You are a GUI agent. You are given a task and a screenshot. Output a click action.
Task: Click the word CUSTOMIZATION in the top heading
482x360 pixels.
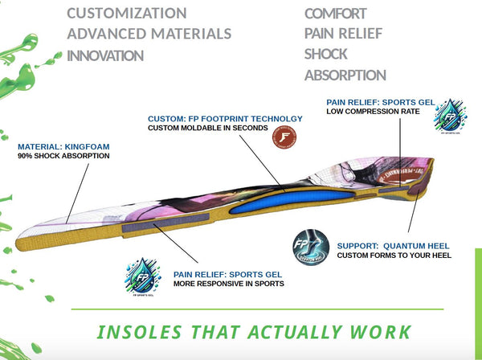pyautogui.click(x=127, y=14)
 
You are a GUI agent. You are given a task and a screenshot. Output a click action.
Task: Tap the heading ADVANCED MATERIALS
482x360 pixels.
pyautogui.click(x=149, y=34)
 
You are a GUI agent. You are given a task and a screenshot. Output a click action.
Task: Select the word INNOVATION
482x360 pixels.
pyautogui.click(x=105, y=55)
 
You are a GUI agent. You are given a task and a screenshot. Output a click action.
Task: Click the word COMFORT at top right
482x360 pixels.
pyautogui.click(x=336, y=14)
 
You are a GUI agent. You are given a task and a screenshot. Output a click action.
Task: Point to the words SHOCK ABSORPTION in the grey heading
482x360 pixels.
pyautogui.click(x=345, y=65)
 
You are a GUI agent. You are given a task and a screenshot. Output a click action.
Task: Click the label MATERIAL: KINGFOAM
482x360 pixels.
pyautogui.click(x=63, y=147)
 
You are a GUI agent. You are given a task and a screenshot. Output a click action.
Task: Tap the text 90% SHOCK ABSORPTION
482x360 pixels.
pyautogui.click(x=63, y=157)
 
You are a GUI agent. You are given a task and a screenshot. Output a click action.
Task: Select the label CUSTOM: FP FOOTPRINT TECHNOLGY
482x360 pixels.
pyautogui.click(x=225, y=119)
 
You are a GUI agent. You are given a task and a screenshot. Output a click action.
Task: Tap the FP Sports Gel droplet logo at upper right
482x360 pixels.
pyautogui.click(x=454, y=118)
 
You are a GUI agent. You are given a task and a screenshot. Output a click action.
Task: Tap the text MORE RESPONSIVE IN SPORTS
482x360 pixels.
pyautogui.click(x=229, y=284)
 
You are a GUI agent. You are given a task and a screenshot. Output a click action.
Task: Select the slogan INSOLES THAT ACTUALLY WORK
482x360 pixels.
pyautogui.click(x=253, y=332)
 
